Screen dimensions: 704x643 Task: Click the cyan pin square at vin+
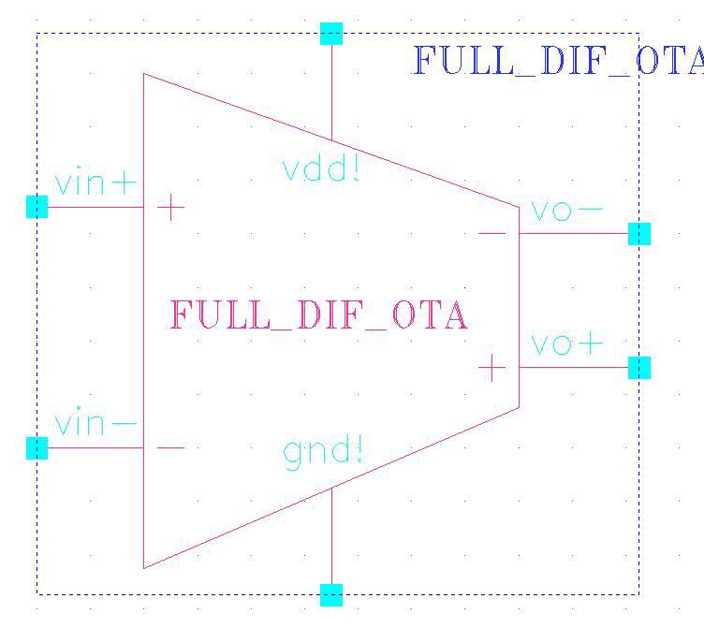pos(37,207)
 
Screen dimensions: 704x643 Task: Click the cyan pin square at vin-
pos(37,448)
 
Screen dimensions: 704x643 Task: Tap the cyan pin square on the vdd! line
pos(331,34)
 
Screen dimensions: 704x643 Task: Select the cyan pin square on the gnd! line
pos(331,595)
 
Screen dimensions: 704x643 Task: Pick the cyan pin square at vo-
pos(639,233)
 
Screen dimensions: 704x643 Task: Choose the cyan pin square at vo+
pos(639,368)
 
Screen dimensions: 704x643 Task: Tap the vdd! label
pos(321,168)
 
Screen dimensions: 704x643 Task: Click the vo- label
pos(566,210)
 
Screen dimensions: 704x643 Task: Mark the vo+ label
pos(566,343)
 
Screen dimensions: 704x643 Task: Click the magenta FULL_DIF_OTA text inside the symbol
pos(319,314)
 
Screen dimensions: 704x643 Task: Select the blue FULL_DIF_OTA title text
pos(558,60)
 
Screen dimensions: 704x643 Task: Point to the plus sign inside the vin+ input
pos(170,207)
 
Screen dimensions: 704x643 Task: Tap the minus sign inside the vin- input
pos(170,447)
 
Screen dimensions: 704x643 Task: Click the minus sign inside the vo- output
pos(492,233)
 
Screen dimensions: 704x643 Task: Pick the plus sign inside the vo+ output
pos(492,368)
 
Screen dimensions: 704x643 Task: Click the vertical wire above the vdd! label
pos(331,93)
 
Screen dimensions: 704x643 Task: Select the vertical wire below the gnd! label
pos(331,536)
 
